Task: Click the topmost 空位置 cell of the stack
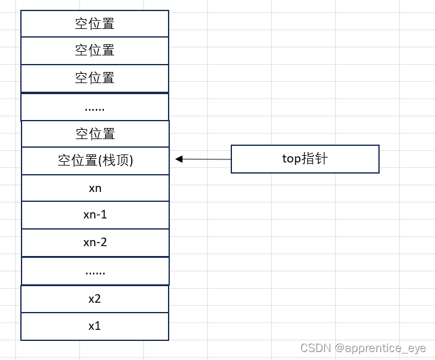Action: pos(95,24)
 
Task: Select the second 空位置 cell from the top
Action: pos(95,50)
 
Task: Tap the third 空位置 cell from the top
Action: pos(95,78)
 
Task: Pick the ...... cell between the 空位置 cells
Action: pos(95,107)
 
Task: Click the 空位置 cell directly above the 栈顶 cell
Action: pos(95,134)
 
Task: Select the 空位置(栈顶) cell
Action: pos(95,161)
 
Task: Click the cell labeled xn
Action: pos(95,188)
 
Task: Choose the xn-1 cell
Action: pos(95,215)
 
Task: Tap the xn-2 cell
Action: pos(95,242)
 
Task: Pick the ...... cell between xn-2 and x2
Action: pos(95,271)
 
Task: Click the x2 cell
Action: pos(95,299)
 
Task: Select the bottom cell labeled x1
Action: pos(95,326)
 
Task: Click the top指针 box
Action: pos(305,159)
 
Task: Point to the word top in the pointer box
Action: pos(291,159)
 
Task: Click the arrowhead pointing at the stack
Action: pos(178,159)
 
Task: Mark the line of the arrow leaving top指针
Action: pos(206,159)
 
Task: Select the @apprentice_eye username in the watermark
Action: pos(380,348)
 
